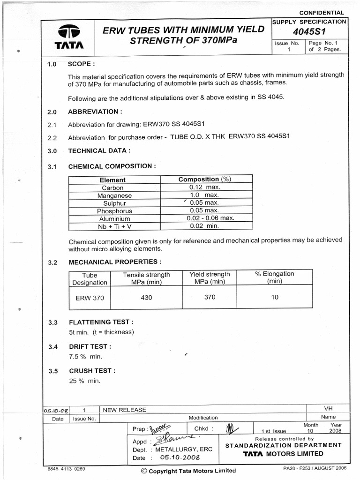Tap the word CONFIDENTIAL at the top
click(321, 13)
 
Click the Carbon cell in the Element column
click(112, 187)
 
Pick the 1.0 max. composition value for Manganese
click(204, 195)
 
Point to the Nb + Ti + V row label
click(115, 226)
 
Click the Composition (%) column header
click(205, 180)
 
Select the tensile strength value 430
click(146, 298)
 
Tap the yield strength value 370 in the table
click(210, 297)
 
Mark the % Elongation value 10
click(275, 297)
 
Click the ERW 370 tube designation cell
click(90, 298)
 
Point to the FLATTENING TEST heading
click(101, 322)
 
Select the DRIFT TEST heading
click(90, 347)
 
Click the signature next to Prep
click(160, 428)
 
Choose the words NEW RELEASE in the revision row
click(124, 410)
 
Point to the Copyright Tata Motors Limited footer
click(188, 471)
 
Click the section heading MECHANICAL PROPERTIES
click(115, 262)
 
